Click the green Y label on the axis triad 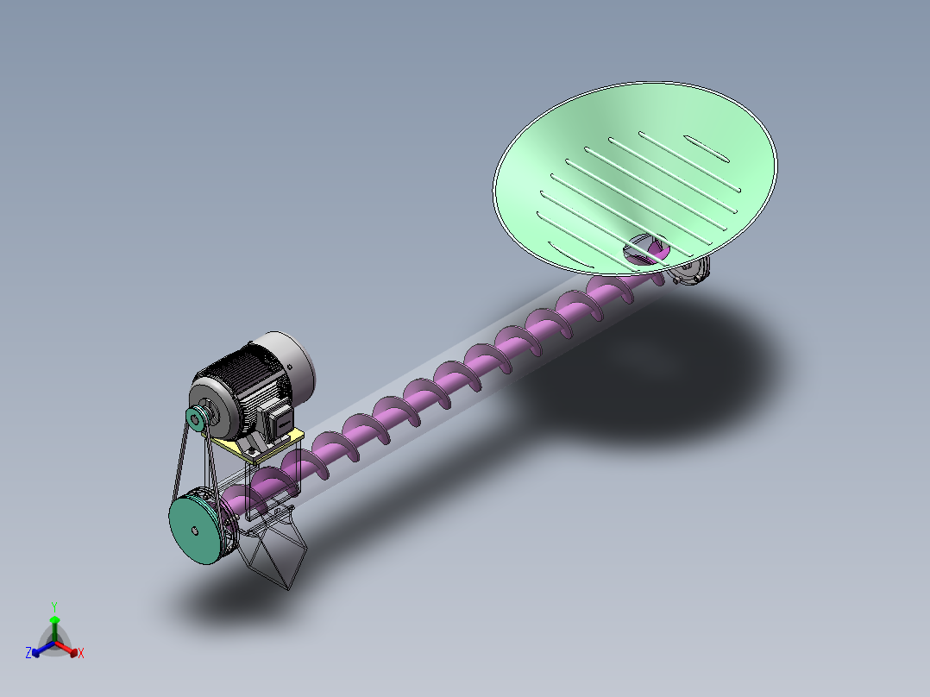coord(54,606)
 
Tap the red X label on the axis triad coord(81,654)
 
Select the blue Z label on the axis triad coord(28,654)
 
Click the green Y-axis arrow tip coord(54,620)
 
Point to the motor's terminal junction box coord(278,421)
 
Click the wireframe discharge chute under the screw coord(274,552)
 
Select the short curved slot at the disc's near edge coord(560,249)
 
